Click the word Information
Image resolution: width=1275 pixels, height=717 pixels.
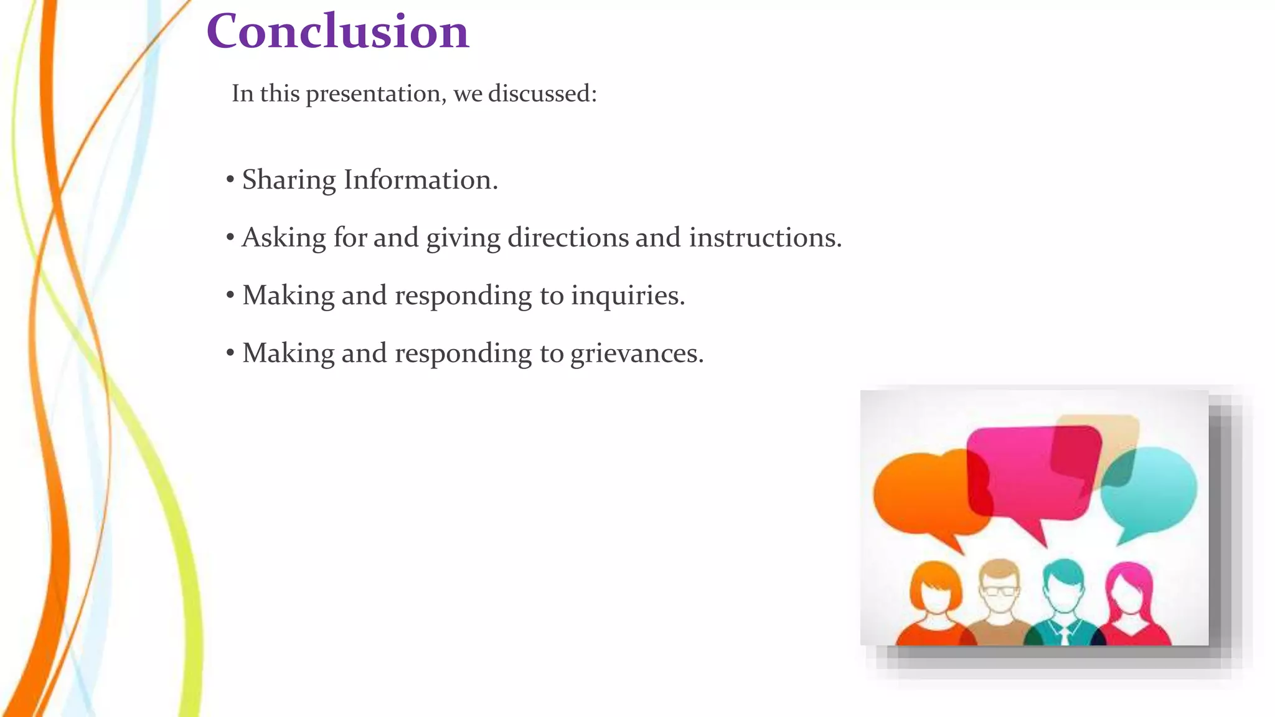(420, 180)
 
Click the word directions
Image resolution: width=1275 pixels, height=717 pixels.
(568, 238)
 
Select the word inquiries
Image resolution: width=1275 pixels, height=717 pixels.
(628, 296)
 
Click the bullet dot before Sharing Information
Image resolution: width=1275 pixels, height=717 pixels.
(230, 180)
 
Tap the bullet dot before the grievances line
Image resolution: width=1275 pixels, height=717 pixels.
(230, 354)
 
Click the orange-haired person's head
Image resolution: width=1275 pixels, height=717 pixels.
(935, 588)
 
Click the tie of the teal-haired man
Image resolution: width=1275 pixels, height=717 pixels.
(1064, 635)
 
